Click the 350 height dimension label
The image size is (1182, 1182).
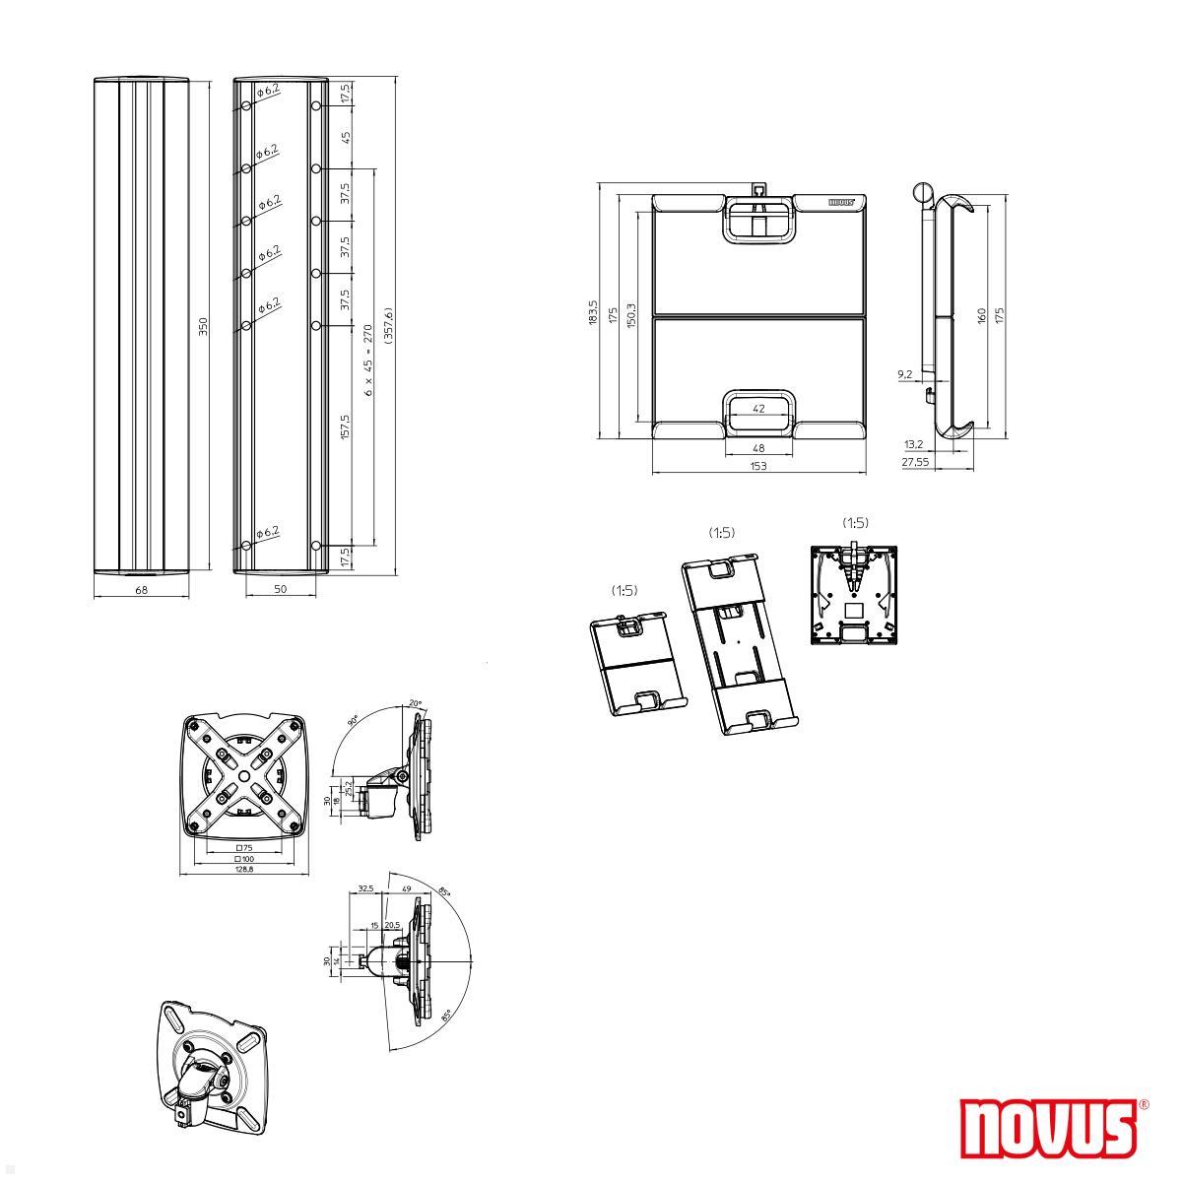tap(203, 326)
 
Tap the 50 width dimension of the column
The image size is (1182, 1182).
tap(280, 589)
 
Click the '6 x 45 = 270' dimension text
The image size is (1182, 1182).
tap(368, 361)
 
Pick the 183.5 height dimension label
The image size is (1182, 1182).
tap(593, 314)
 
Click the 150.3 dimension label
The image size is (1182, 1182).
tap(630, 316)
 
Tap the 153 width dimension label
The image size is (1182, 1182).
tap(757, 466)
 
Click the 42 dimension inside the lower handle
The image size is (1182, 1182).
tap(758, 408)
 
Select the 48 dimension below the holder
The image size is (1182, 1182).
tap(758, 447)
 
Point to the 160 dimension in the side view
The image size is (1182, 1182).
tap(981, 316)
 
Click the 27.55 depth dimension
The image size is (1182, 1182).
tap(916, 461)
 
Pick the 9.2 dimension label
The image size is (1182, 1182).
tap(905, 374)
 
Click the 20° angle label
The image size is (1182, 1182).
tap(415, 704)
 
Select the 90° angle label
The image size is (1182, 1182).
tap(354, 721)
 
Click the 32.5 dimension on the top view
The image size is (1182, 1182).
tap(365, 888)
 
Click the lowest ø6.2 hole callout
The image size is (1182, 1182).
tap(268, 532)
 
